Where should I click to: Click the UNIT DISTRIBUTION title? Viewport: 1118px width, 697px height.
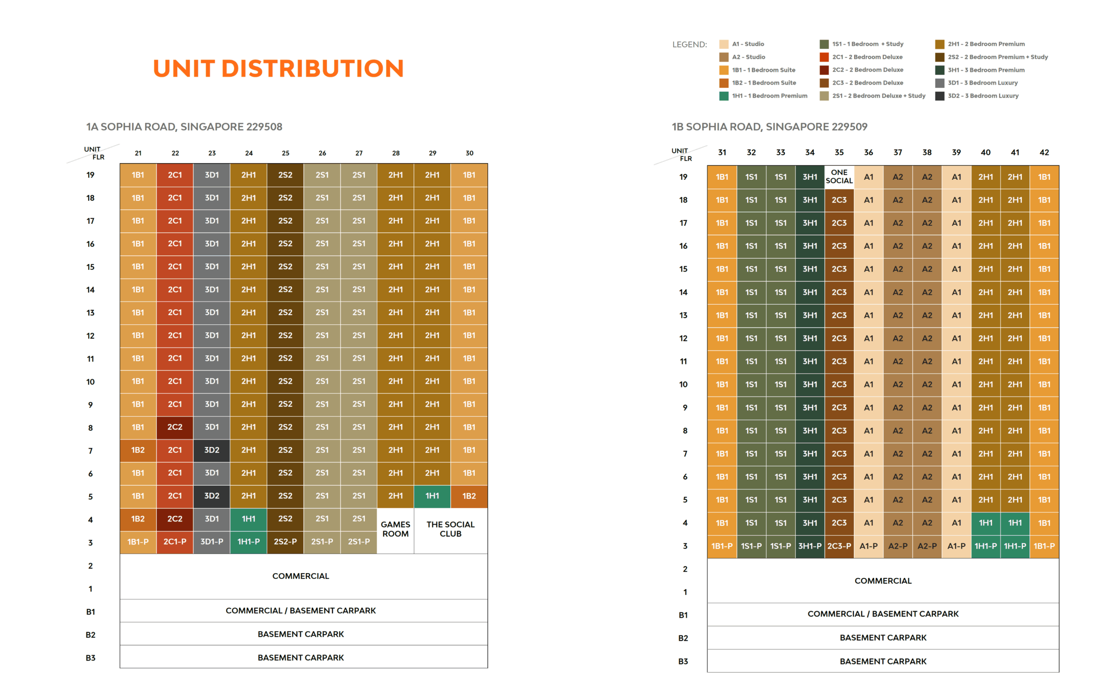coord(278,68)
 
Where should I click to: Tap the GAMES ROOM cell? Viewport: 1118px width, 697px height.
coord(395,529)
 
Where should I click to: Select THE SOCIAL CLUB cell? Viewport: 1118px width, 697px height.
coord(450,529)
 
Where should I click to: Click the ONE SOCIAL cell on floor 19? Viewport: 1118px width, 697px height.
coord(839,177)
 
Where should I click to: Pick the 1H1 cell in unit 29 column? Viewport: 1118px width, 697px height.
coord(432,496)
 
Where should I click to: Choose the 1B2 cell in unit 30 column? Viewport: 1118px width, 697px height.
coord(469,496)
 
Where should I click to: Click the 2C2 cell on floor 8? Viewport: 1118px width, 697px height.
coord(175,427)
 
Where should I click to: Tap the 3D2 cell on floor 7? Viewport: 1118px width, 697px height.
coord(212,450)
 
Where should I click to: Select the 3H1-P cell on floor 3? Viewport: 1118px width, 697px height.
coord(810,546)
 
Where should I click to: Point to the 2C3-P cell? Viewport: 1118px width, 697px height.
coord(839,546)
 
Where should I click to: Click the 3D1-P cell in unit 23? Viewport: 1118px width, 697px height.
coord(212,542)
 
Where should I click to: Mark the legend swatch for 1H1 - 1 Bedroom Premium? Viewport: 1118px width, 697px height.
coord(724,96)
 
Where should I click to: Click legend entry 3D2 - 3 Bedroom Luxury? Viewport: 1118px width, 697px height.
coord(983,96)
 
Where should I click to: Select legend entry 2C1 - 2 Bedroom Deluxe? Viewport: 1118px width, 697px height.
coord(867,57)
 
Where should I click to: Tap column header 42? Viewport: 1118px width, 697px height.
coord(1044,153)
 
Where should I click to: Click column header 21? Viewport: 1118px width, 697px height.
coord(138,153)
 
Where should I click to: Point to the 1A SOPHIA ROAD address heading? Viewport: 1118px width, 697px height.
coord(184,127)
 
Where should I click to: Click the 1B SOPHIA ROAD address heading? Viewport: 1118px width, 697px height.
coord(769,127)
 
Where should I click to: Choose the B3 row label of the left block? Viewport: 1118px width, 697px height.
coord(90,658)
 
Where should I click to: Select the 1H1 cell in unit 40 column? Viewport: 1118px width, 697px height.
coord(986,523)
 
